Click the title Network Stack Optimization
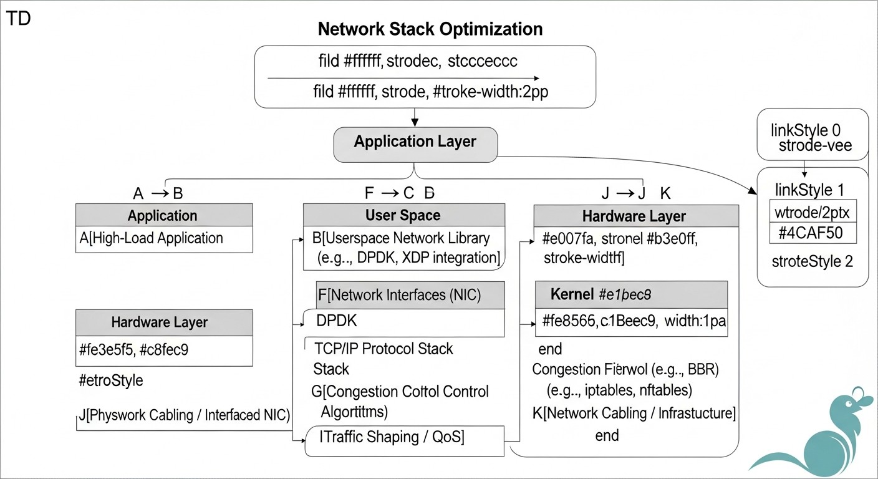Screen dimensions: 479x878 click(430, 29)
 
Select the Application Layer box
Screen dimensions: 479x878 click(415, 142)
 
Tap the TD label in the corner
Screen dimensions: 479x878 click(18, 18)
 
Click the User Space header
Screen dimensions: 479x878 click(403, 216)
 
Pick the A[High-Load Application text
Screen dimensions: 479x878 click(152, 238)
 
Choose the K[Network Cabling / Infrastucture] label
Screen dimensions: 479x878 click(634, 413)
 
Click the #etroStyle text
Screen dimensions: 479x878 click(111, 380)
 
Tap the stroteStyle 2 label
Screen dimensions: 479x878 click(812, 261)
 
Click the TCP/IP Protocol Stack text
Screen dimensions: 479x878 click(384, 349)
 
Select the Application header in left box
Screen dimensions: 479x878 click(163, 216)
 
